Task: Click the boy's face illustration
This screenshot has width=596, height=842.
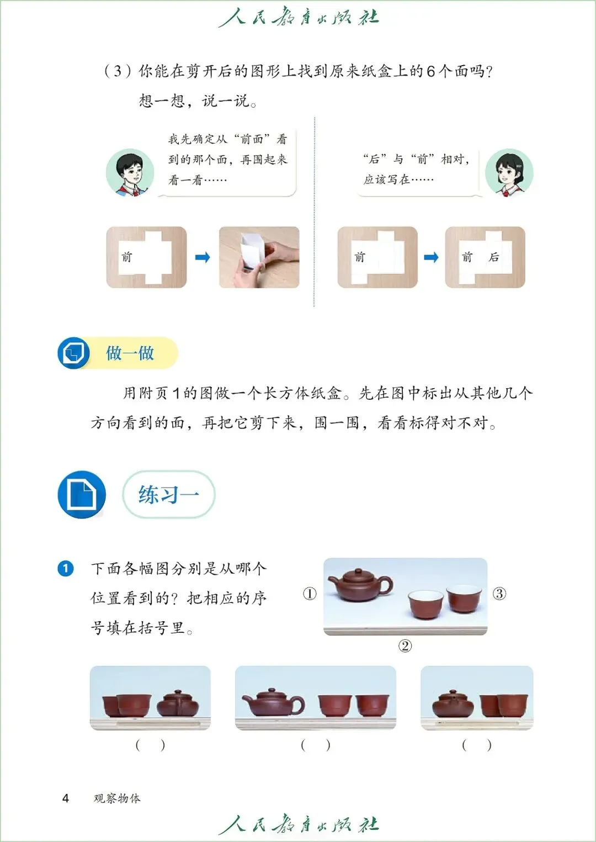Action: (x=130, y=172)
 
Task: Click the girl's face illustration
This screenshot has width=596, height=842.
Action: (x=509, y=172)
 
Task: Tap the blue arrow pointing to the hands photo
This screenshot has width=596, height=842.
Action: (x=203, y=257)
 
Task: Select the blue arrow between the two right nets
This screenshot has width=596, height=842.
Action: (x=431, y=257)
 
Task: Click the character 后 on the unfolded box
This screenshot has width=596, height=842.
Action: (x=493, y=257)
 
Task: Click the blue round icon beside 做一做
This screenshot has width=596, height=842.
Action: (x=73, y=353)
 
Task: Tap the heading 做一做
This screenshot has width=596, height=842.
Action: (x=130, y=353)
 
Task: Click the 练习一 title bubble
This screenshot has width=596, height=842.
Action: (x=169, y=494)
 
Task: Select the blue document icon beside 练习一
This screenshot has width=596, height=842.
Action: (x=82, y=494)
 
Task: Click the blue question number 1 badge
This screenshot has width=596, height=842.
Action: (x=65, y=568)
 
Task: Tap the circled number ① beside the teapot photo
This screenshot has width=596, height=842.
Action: (x=310, y=594)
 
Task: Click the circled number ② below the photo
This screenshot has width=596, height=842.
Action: (x=405, y=646)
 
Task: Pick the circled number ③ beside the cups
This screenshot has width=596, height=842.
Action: (x=499, y=594)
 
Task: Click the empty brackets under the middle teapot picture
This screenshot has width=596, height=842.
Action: (x=316, y=745)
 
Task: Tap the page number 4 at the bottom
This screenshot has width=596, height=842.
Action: (x=65, y=798)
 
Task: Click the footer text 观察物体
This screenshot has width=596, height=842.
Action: (x=117, y=798)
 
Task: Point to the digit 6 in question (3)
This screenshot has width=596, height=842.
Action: (x=431, y=71)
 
